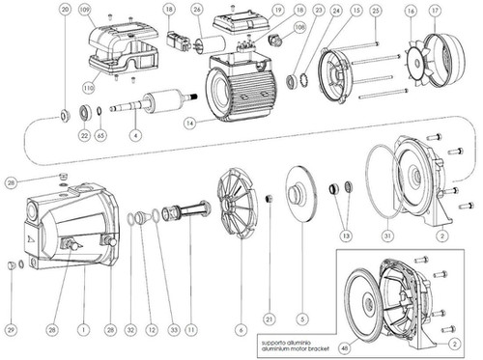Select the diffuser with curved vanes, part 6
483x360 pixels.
235,197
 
